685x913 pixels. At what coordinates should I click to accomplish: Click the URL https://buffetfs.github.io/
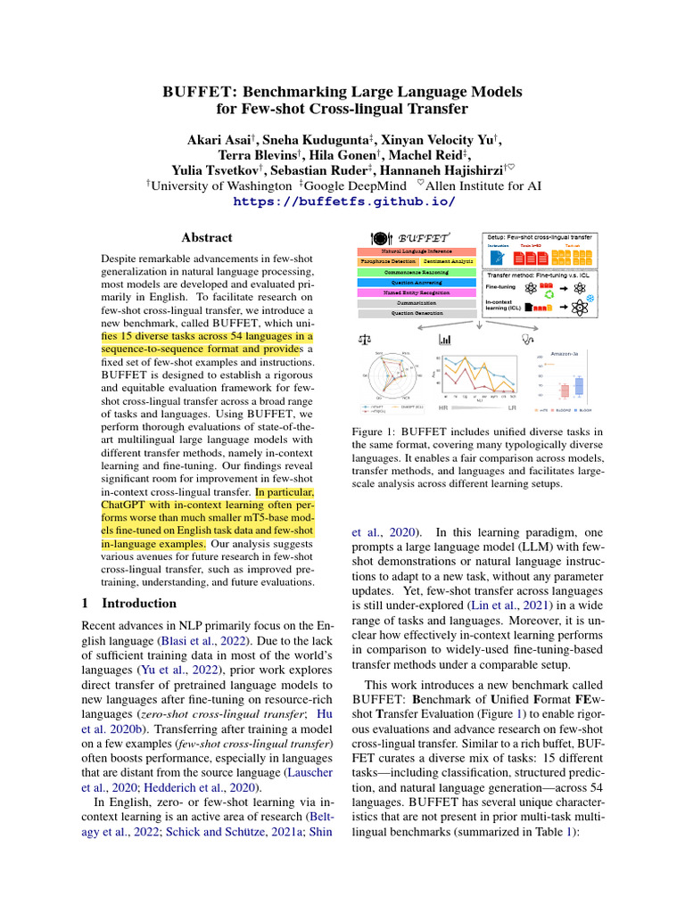click(x=343, y=202)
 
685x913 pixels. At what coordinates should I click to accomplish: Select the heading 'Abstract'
click(x=206, y=238)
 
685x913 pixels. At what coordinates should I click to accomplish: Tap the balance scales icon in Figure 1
click(x=364, y=339)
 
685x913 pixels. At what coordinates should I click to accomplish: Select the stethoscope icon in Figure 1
click(x=528, y=339)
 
